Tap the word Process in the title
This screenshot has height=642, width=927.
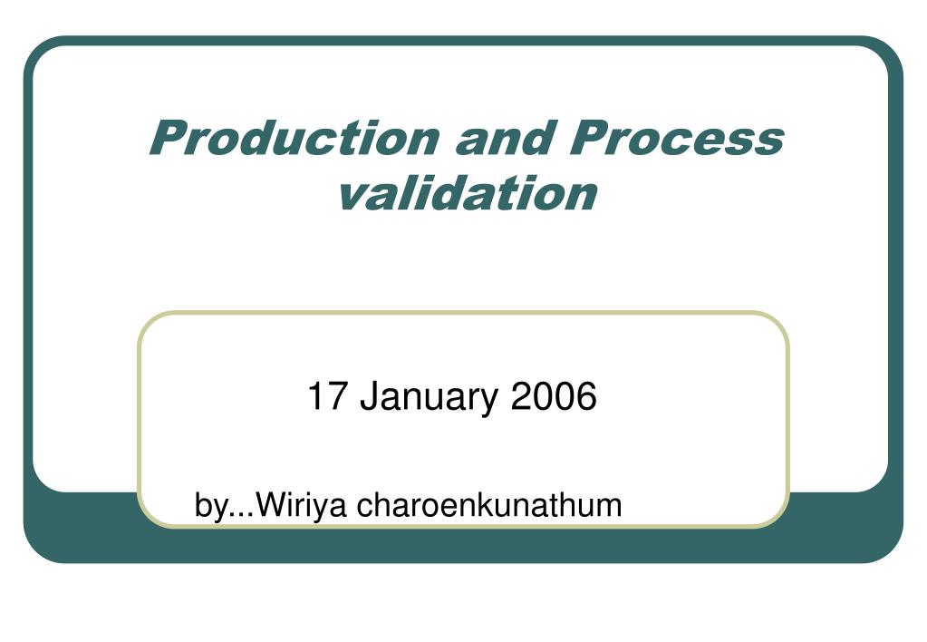click(x=676, y=140)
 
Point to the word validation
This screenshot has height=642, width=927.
click(x=467, y=192)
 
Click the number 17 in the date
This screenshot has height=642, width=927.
click(x=323, y=397)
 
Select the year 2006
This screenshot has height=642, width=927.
click(x=554, y=397)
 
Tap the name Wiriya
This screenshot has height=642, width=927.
click(x=296, y=506)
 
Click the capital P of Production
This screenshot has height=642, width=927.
click(x=167, y=140)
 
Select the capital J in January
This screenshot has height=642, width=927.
click(x=367, y=397)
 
